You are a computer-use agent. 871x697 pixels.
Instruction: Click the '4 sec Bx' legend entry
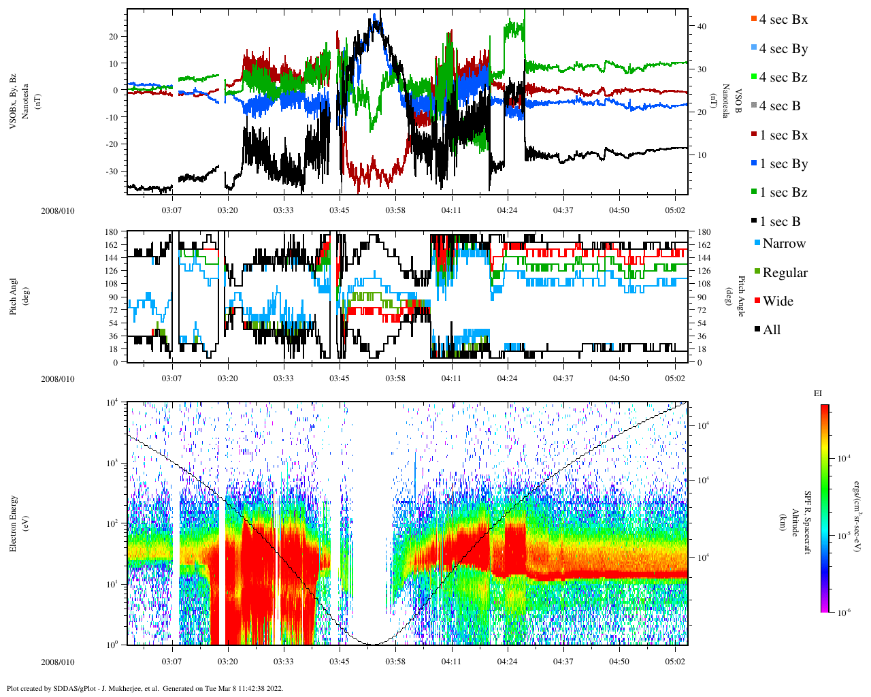[783, 20]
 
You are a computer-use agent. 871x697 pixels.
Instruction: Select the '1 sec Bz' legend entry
[783, 193]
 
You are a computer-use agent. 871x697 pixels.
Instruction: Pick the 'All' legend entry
[771, 330]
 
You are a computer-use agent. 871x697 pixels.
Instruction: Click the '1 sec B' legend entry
[780, 222]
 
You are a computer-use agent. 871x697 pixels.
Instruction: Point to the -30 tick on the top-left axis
[112, 171]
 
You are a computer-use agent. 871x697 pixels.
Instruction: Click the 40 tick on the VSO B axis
[702, 27]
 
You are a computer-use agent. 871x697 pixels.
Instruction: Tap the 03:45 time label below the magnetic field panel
[340, 210]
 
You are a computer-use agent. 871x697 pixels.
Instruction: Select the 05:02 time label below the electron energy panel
[675, 662]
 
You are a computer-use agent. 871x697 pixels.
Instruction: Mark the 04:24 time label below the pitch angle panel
[507, 378]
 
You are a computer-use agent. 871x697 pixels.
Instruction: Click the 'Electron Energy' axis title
[14, 523]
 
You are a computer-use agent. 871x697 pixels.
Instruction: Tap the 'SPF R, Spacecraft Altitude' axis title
[802, 523]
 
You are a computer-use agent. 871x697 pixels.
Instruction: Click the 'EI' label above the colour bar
[818, 393]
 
